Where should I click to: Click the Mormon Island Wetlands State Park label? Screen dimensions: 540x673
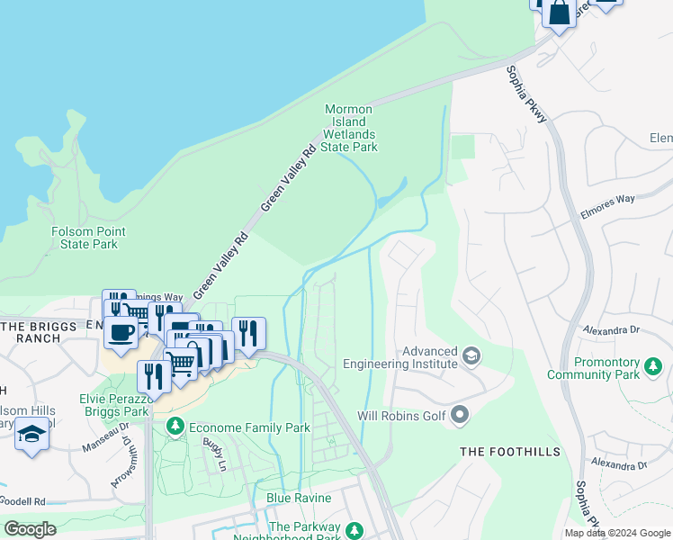[350, 128]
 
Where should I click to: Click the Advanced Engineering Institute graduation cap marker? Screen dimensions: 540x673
[470, 357]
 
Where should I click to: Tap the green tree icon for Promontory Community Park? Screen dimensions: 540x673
[652, 366]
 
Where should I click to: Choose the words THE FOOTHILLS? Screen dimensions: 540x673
[510, 452]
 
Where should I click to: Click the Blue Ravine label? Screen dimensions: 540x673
[299, 498]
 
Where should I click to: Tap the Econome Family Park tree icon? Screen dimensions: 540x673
[175, 427]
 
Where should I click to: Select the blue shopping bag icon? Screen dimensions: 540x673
[559, 13]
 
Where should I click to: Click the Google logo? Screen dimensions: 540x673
[30, 529]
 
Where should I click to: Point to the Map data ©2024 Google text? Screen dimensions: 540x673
[616, 533]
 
